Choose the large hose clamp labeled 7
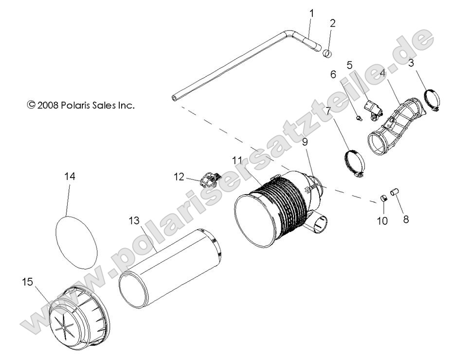coord(354,164)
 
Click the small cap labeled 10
coord(383,199)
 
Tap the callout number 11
coord(237,160)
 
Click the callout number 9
coord(305,142)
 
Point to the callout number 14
coord(70,177)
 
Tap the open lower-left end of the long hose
coord(175,98)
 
